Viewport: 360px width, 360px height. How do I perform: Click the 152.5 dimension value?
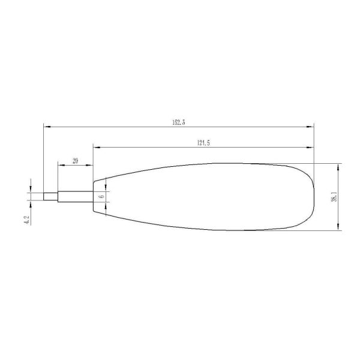pos(178,122)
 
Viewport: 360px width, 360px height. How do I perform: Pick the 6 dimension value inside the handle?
pos(101,196)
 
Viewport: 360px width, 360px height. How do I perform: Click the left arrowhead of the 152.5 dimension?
pos(46,127)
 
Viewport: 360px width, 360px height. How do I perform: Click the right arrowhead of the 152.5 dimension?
pos(311,127)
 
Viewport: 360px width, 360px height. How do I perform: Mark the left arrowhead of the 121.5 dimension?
pos(95,147)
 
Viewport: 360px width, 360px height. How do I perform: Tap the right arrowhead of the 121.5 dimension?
pos(311,147)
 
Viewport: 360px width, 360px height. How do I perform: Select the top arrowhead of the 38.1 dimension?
pos(339,166)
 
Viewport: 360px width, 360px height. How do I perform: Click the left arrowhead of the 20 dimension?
pos(59,165)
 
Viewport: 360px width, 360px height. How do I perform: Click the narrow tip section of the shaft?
pos(50,196)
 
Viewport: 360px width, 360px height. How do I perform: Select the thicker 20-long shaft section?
pos(75,196)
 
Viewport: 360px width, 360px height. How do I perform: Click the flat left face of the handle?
pos(94,196)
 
